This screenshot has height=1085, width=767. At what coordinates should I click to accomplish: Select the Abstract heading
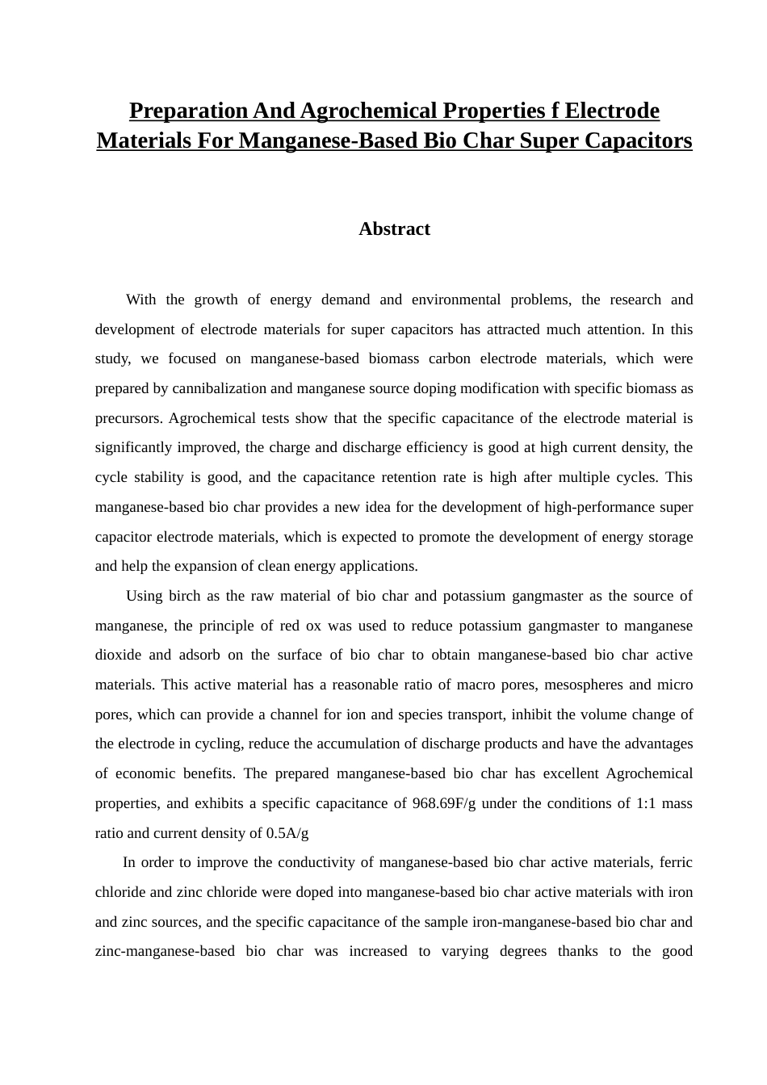pos(394,229)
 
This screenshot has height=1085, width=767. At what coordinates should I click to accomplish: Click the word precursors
pos(128,418)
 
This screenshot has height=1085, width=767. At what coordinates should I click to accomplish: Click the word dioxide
pos(119,655)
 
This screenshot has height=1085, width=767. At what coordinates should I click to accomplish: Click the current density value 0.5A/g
pos(287,833)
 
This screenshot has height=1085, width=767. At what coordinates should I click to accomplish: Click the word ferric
pos(676,862)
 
